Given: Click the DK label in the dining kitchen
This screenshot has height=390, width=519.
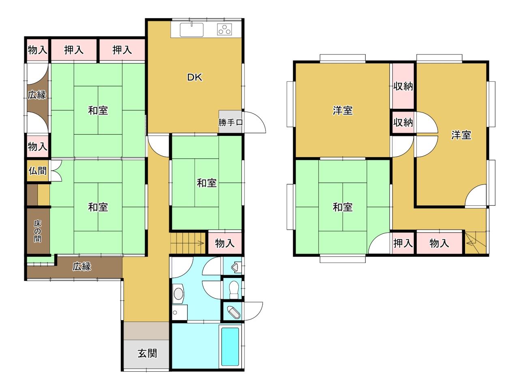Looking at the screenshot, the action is pyautogui.click(x=195, y=78).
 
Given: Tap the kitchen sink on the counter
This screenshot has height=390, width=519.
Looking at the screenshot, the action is pyautogui.click(x=191, y=30).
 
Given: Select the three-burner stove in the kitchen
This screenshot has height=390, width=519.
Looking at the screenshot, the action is pyautogui.click(x=224, y=30).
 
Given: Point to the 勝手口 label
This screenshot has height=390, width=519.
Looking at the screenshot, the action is pyautogui.click(x=230, y=122).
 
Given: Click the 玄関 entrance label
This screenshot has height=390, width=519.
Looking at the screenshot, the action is pyautogui.click(x=147, y=353).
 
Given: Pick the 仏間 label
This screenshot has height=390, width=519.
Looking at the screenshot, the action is pyautogui.click(x=38, y=170).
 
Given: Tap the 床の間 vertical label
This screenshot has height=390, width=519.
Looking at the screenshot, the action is pyautogui.click(x=38, y=231).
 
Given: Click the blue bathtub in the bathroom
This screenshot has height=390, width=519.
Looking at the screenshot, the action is pyautogui.click(x=230, y=347).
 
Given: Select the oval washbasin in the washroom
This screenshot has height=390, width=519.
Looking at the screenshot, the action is pyautogui.click(x=178, y=294).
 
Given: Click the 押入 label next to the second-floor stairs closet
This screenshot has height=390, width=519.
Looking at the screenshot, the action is pyautogui.click(x=403, y=243).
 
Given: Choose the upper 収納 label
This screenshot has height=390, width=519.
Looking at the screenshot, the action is pyautogui.click(x=403, y=86).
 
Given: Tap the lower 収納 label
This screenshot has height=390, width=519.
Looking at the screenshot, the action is pyautogui.click(x=403, y=122).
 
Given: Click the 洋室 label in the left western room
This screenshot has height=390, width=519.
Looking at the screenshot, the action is pyautogui.click(x=343, y=110).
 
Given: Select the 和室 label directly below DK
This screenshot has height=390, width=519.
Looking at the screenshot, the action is pyautogui.click(x=207, y=183).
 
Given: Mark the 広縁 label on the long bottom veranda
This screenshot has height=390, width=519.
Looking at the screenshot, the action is pyautogui.click(x=81, y=267).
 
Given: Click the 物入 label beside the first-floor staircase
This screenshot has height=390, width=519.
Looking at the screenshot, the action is pyautogui.click(x=225, y=243).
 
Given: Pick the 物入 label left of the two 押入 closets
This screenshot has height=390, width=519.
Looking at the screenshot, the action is pyautogui.click(x=37, y=50).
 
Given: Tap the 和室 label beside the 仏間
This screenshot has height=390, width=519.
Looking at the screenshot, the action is pyautogui.click(x=98, y=207).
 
